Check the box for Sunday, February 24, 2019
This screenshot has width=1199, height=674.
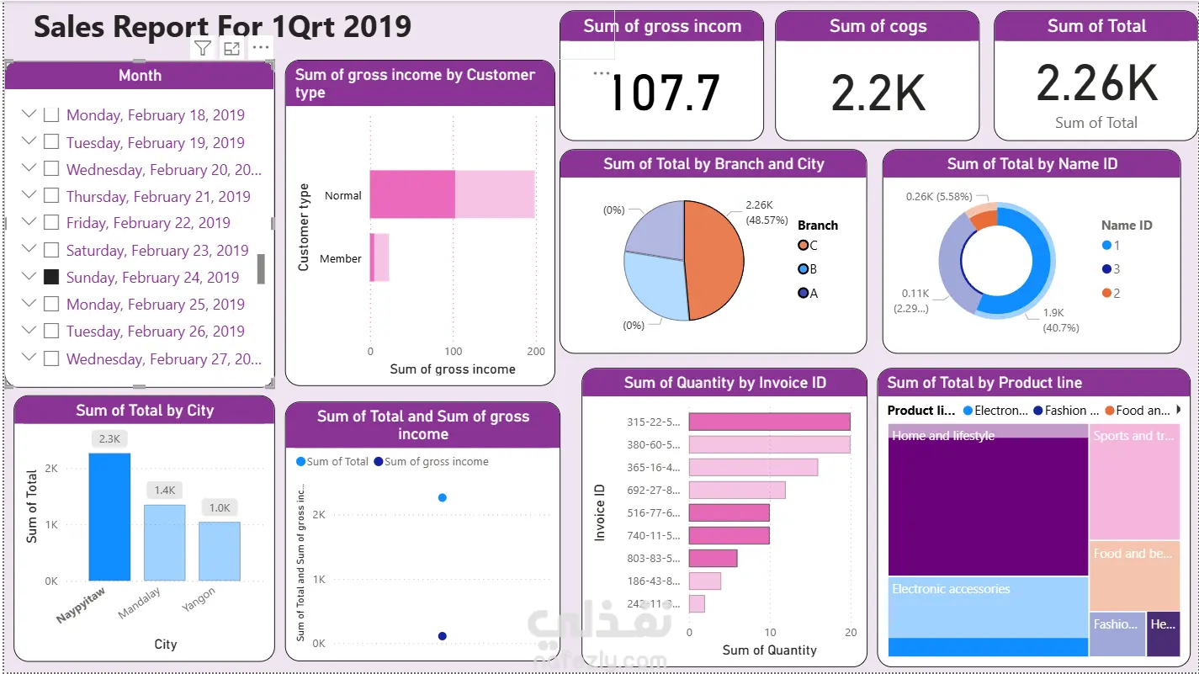[51, 277]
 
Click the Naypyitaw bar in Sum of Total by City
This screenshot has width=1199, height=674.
[109, 517]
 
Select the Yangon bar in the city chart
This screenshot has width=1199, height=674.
[220, 551]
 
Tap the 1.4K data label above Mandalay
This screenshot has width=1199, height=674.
[164, 490]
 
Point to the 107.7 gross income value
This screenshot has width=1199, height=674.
[664, 93]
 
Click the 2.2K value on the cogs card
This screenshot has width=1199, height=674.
[878, 93]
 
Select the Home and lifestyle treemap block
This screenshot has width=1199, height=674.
[987, 505]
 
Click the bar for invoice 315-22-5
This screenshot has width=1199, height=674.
[769, 422]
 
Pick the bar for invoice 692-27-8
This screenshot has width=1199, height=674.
[737, 490]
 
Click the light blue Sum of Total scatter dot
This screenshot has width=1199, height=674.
[443, 497]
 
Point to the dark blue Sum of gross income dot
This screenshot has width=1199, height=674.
[443, 636]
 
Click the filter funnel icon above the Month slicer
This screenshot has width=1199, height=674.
[203, 48]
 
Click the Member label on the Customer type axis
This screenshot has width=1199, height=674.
[340, 259]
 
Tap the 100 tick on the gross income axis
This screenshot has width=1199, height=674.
[454, 351]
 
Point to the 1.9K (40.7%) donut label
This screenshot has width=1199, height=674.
[1060, 320]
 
